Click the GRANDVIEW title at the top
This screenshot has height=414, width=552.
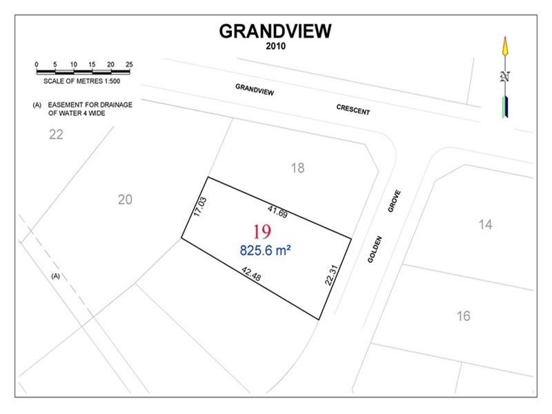(x=275, y=31)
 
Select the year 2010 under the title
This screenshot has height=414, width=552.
(x=275, y=47)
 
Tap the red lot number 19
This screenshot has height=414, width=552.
(x=262, y=231)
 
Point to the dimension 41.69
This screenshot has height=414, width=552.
(x=277, y=211)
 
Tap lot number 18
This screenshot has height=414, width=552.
(x=297, y=168)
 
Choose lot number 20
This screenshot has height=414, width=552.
(x=125, y=199)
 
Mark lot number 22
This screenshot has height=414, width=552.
(x=56, y=135)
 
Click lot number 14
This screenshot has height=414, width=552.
(x=485, y=224)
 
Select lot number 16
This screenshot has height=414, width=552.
(x=463, y=316)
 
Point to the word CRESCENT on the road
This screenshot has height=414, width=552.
(x=353, y=110)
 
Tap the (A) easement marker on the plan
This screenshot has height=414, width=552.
(x=57, y=276)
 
